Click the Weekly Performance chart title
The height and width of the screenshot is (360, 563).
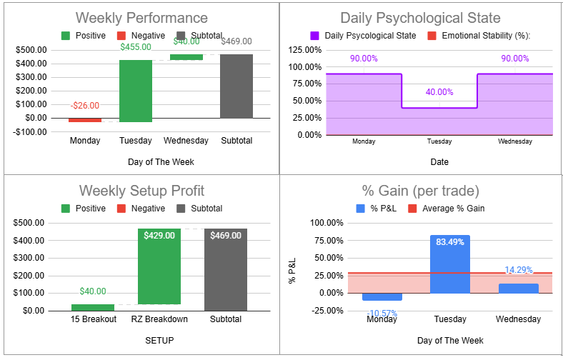[x=141, y=18]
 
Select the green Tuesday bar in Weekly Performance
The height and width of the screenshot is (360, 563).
[x=135, y=91]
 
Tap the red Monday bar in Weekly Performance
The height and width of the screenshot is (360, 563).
[x=85, y=120]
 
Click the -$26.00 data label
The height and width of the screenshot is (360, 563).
[x=85, y=105]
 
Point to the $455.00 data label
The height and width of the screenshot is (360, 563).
[x=135, y=47]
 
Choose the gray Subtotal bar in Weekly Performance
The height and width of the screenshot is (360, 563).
[x=236, y=86]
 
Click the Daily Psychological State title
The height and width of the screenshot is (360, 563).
[x=420, y=18]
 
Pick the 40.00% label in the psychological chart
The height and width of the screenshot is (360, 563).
[x=439, y=92]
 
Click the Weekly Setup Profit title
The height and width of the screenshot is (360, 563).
[x=141, y=191]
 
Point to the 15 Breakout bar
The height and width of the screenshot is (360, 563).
[x=93, y=307]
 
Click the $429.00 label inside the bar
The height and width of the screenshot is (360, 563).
[x=159, y=235]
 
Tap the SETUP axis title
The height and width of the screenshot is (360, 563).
[x=160, y=340]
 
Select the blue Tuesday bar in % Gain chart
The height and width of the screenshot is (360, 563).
[x=450, y=264]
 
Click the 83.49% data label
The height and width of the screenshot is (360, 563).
[x=449, y=242]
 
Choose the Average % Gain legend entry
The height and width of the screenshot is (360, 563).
[x=446, y=209]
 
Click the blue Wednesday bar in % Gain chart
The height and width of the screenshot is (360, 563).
[x=518, y=288]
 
